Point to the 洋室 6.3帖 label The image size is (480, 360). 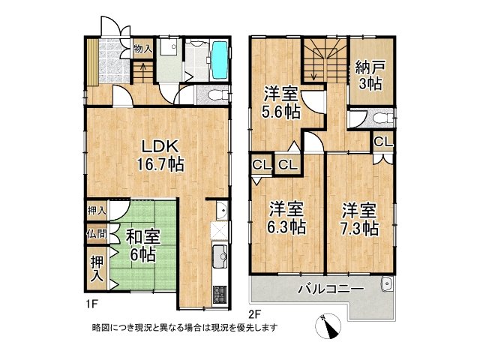click(286, 217)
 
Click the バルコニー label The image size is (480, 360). click(331, 289)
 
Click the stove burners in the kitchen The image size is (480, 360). click(219, 292)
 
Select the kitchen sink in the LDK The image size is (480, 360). click(219, 257)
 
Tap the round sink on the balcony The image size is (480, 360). click(386, 283)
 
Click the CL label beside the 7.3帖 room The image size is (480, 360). click(382, 142)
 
